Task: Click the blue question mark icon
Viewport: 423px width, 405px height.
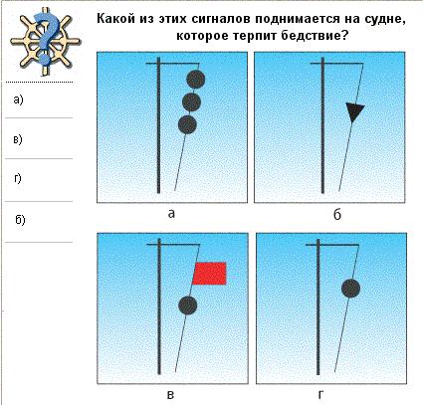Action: tap(47, 37)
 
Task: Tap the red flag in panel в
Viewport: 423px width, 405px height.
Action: tap(210, 274)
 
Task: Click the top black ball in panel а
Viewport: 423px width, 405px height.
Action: tap(196, 80)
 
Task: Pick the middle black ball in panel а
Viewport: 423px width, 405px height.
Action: tap(191, 102)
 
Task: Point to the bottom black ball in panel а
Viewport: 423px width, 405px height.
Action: tap(187, 124)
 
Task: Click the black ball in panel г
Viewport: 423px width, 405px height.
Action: tap(350, 289)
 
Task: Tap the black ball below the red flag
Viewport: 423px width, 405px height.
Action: tap(188, 305)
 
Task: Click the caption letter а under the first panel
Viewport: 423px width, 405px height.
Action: tap(171, 214)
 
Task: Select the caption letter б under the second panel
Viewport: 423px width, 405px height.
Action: tap(337, 215)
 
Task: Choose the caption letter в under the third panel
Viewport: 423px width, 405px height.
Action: tap(170, 395)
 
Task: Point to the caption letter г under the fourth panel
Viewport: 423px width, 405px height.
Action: tap(320, 395)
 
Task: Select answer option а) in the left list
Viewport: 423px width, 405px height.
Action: tap(18, 100)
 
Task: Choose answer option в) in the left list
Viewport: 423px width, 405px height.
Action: tap(18, 139)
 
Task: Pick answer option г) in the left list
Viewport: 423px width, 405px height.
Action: tap(18, 179)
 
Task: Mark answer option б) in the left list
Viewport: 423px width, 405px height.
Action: tap(20, 219)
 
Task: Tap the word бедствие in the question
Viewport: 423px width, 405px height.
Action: tap(315, 36)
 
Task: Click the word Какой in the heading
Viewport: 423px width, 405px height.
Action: tap(116, 19)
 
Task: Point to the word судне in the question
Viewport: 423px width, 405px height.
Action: tap(385, 20)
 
